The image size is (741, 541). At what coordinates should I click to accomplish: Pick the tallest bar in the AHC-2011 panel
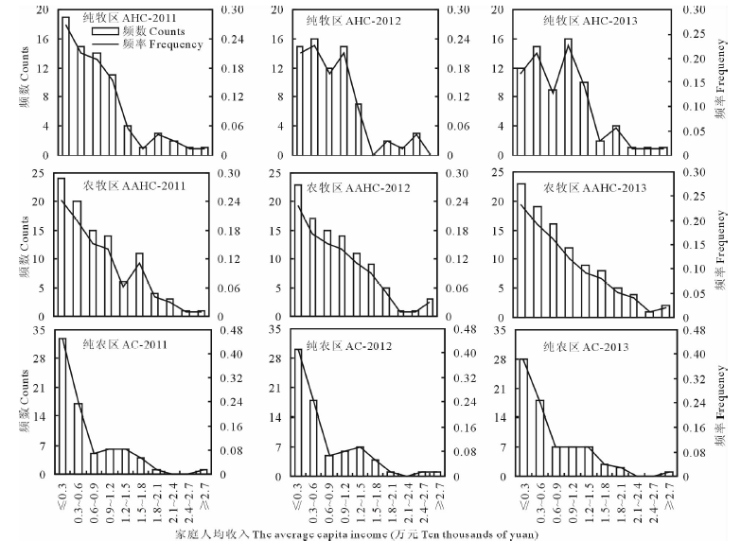click(65, 85)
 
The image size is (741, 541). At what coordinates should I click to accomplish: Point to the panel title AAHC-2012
click(360, 188)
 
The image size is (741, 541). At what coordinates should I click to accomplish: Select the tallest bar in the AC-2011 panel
click(62, 405)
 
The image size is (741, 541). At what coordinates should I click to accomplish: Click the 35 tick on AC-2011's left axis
click(40, 330)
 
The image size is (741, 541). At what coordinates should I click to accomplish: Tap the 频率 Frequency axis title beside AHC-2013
click(722, 83)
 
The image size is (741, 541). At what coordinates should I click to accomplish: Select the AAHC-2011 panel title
click(132, 184)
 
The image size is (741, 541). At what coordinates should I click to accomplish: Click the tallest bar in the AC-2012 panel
click(298, 410)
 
